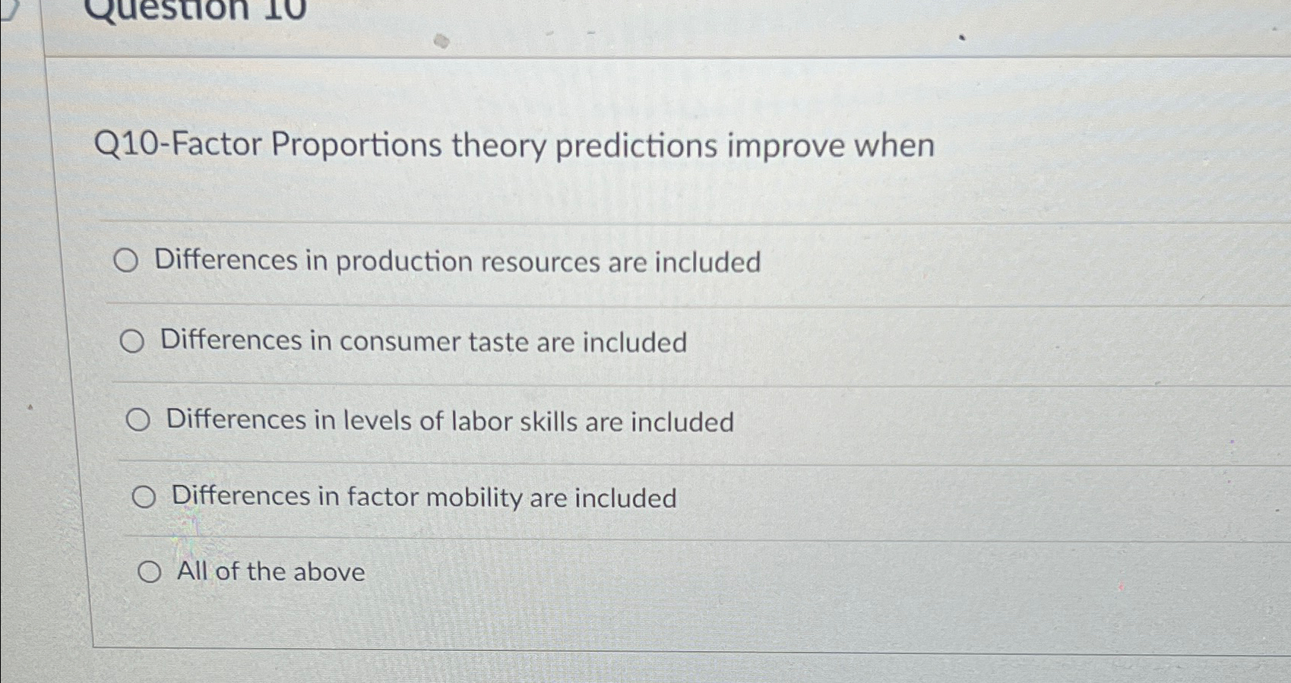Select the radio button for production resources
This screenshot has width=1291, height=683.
point(126,261)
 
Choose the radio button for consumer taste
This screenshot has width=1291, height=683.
point(131,342)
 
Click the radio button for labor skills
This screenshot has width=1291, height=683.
point(138,419)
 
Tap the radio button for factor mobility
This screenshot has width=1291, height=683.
point(144,498)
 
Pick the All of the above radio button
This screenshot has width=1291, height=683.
point(149,572)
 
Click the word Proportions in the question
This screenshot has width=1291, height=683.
point(356,145)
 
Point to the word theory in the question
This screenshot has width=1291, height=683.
point(498,146)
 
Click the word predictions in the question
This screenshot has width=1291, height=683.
point(636,146)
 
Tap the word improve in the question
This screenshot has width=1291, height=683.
point(786,146)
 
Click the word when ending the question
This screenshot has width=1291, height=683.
point(894,144)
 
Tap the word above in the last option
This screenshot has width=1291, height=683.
point(329,572)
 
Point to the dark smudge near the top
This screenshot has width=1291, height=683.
point(441,41)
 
